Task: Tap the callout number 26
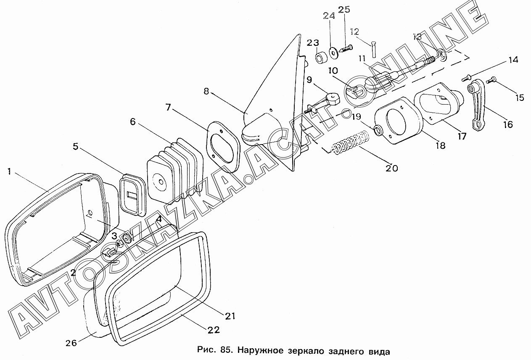tap(71, 343)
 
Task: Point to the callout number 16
tap(508, 124)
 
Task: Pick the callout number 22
tap(214, 330)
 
